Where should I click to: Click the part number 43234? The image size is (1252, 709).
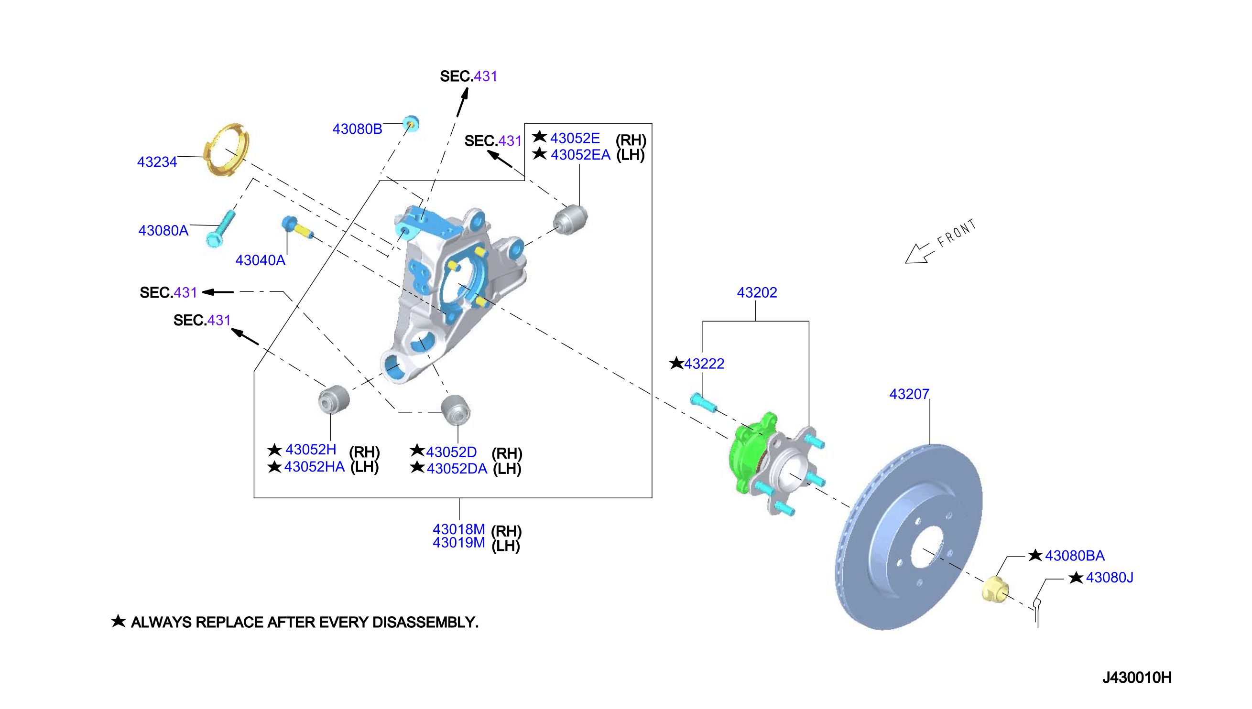click(157, 161)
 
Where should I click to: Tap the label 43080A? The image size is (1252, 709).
click(163, 230)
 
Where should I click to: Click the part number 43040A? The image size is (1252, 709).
click(260, 260)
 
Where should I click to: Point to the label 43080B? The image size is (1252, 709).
click(357, 129)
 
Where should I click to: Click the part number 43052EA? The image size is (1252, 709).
click(580, 155)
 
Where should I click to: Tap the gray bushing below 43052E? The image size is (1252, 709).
click(570, 220)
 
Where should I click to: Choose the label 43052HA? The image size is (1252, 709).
click(314, 466)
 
